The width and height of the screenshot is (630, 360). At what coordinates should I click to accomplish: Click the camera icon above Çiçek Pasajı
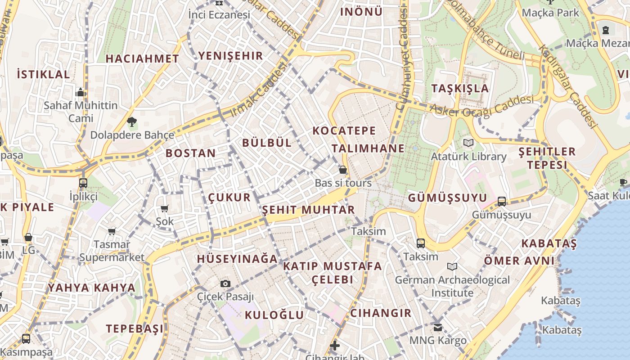coord(225,283)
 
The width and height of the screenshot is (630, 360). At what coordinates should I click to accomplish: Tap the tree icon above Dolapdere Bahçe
coord(132,121)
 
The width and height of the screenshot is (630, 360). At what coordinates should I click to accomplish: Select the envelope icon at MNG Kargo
coord(438,327)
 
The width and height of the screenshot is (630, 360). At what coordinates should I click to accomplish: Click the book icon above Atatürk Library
coord(468,143)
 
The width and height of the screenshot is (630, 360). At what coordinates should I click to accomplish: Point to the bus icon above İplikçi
coord(83,183)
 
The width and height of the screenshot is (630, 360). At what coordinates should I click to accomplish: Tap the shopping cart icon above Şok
coord(165,208)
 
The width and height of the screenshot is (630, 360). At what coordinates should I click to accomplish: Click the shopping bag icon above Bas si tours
coord(343,170)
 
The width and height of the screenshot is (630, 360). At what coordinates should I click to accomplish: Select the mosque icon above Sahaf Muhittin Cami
coord(81,93)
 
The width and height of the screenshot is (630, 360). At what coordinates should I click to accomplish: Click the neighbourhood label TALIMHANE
coord(368,148)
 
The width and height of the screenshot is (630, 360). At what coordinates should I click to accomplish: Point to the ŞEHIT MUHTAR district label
coord(308,210)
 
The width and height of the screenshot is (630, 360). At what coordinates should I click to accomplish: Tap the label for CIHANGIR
coord(381,313)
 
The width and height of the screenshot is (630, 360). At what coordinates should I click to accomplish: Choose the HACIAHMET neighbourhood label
coord(142,58)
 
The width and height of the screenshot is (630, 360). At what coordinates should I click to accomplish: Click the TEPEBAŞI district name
coord(135,328)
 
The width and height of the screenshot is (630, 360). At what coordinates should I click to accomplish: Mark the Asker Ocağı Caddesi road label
coord(481,106)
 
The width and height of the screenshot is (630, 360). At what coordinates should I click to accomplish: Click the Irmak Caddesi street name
coord(258,91)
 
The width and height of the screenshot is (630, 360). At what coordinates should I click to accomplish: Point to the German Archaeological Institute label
coord(452,286)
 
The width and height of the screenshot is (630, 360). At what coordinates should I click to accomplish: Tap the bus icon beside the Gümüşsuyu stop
coord(502,201)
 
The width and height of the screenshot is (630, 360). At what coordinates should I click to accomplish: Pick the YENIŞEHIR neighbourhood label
coord(230,56)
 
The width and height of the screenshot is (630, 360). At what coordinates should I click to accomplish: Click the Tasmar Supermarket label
coord(112,251)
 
